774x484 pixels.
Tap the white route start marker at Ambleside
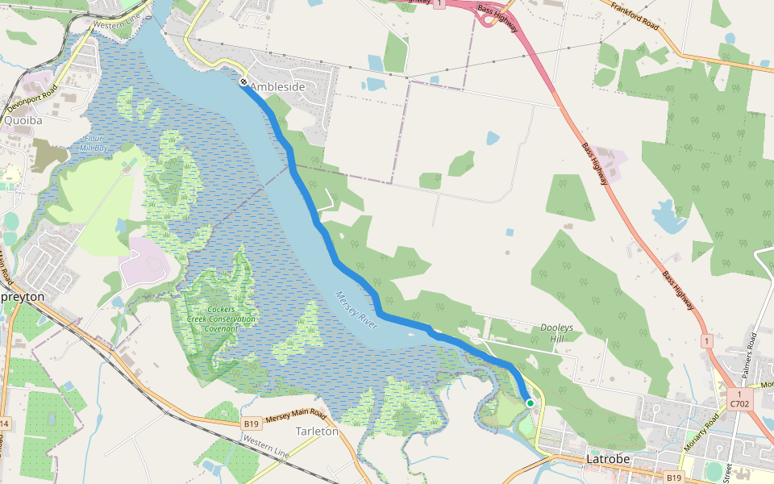243,81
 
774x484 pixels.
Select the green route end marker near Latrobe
530,403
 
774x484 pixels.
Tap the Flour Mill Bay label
94,143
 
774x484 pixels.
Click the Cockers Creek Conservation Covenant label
220,319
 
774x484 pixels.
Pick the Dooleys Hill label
556,332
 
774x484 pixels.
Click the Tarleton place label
317,432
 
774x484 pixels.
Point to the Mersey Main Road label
295,417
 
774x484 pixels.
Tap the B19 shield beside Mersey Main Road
252,423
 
